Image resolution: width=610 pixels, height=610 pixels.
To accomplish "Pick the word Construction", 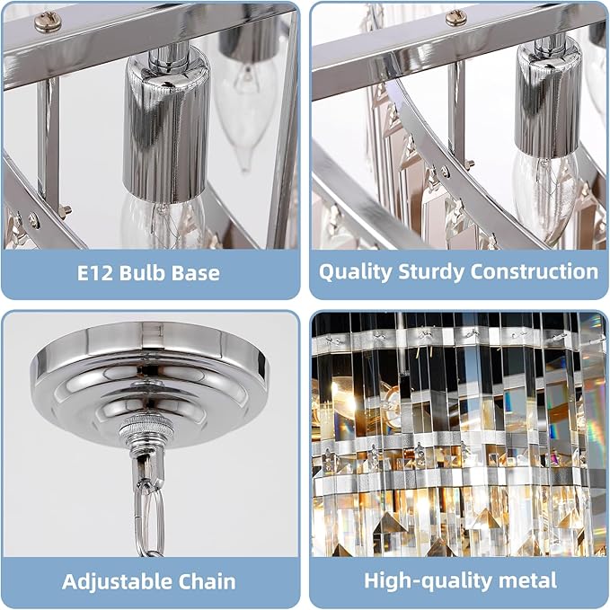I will pos(535,272).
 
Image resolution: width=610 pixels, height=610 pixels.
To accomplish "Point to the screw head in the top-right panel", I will pos(456,16).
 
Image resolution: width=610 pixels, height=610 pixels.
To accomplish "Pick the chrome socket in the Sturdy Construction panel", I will pos(546,103).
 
